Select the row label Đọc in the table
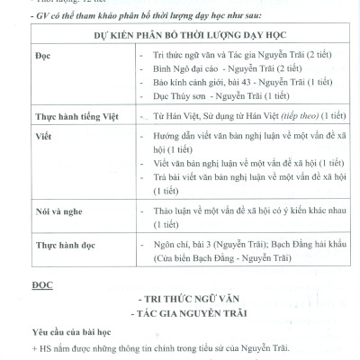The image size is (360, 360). (19, 55)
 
